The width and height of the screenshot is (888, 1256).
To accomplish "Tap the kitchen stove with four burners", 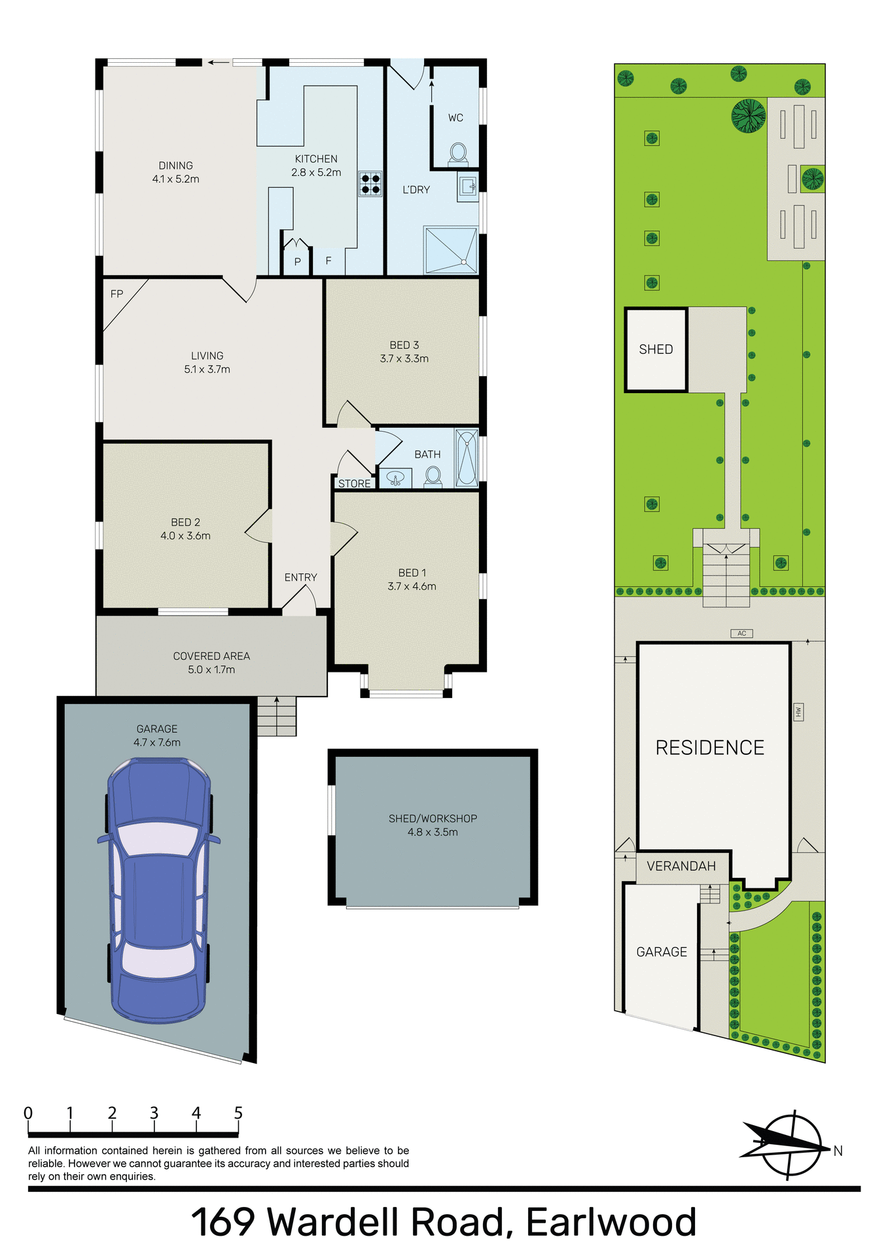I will click(x=370, y=184).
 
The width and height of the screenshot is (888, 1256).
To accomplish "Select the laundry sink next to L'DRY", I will click(x=467, y=187).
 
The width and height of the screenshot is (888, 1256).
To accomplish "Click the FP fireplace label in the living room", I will click(x=116, y=294).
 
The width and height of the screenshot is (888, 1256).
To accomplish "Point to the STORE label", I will click(x=354, y=484).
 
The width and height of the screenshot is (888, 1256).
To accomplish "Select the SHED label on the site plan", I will click(x=656, y=349).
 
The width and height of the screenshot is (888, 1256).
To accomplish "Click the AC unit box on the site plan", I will click(x=741, y=633).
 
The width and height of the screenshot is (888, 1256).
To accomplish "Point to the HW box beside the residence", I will click(x=798, y=712).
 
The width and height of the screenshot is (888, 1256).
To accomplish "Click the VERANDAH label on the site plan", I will click(x=681, y=866).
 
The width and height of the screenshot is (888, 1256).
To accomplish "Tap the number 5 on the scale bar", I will click(x=238, y=1113).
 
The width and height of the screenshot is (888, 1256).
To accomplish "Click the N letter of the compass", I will click(x=838, y=1151).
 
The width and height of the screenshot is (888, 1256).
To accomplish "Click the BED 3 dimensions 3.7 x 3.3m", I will click(x=404, y=359).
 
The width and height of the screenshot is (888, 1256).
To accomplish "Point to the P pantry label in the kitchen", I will click(x=297, y=262).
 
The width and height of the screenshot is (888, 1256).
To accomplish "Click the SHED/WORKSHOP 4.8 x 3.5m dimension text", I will click(x=433, y=832).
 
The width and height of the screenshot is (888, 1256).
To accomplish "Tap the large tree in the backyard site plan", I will click(x=748, y=116).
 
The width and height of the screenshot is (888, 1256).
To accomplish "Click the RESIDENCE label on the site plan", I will click(x=710, y=748).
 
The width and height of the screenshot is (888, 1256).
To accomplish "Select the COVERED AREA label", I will click(x=211, y=656).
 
